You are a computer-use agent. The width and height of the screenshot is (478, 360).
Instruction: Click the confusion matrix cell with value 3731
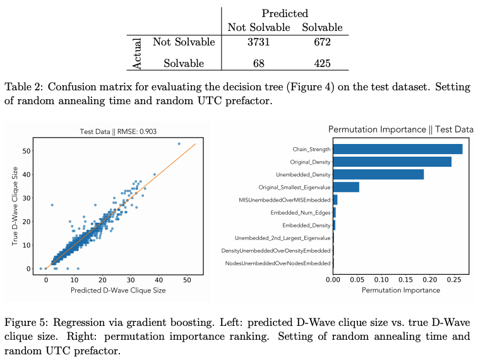tap(259, 42)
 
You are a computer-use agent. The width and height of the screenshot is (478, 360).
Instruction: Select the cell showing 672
tap(322, 42)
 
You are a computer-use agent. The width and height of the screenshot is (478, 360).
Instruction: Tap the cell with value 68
tap(259, 63)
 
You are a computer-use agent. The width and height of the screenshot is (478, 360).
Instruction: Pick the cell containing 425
tap(322, 63)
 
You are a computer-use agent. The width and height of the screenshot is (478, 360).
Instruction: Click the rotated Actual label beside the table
tap(139, 53)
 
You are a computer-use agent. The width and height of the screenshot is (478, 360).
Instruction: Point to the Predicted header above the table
tap(285, 13)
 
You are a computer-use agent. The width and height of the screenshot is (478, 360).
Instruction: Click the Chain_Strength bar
tap(397, 149)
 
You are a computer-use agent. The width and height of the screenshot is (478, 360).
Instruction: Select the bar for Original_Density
tap(391, 162)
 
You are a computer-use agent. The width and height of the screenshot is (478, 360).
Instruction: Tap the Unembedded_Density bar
tap(378, 174)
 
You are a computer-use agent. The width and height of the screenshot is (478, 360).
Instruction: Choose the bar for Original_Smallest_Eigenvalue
tap(345, 187)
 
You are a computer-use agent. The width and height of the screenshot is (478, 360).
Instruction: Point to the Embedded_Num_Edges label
tap(300, 212)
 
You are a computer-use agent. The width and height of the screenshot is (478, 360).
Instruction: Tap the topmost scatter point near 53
tap(179, 144)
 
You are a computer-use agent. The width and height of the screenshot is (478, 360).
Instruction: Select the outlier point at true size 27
tap(52, 205)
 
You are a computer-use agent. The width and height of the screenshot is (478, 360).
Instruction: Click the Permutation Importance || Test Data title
tap(400, 129)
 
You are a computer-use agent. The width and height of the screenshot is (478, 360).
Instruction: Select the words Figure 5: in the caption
tap(25, 323)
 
